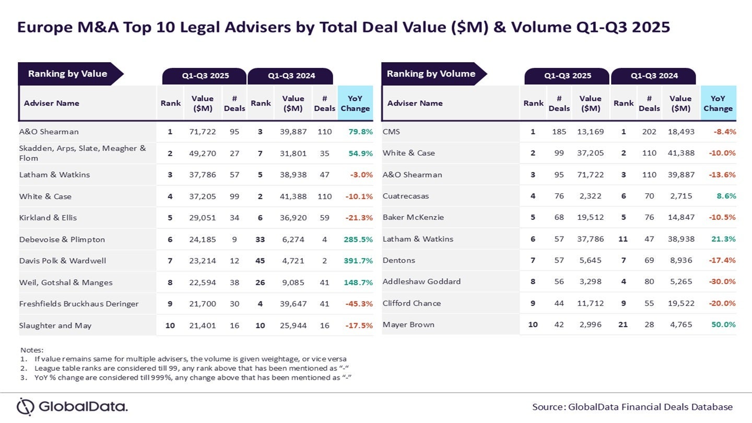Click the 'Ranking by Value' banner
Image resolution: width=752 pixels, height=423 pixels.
(x=67, y=74)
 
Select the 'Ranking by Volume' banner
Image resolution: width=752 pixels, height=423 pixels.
(x=431, y=74)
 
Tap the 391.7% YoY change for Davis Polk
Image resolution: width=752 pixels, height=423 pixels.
(x=358, y=261)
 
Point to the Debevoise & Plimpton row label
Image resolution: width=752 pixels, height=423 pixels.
(x=62, y=239)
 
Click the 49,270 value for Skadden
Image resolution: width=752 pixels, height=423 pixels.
(x=202, y=153)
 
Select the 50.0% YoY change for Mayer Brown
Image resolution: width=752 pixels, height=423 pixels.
(x=723, y=324)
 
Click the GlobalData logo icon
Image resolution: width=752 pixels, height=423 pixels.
(x=25, y=406)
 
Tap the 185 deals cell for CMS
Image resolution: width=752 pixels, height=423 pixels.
(x=559, y=132)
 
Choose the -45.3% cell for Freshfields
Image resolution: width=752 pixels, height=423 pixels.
(x=358, y=303)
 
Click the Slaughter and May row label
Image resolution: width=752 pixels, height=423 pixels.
(x=55, y=325)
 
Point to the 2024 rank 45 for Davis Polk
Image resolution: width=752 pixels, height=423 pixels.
(x=260, y=261)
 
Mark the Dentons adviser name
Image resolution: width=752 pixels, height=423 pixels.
(x=399, y=260)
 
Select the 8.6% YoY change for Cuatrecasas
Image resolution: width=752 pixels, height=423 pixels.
(x=726, y=196)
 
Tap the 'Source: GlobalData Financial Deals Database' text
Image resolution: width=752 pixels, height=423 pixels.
(x=632, y=407)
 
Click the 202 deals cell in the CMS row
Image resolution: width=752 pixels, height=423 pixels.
(x=649, y=132)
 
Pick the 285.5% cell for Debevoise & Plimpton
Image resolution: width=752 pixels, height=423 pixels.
(x=358, y=239)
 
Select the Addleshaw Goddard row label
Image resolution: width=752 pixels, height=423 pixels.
(x=421, y=281)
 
